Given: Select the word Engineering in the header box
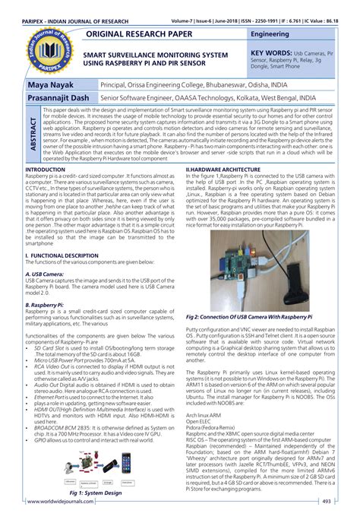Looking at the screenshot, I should click(273, 35).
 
